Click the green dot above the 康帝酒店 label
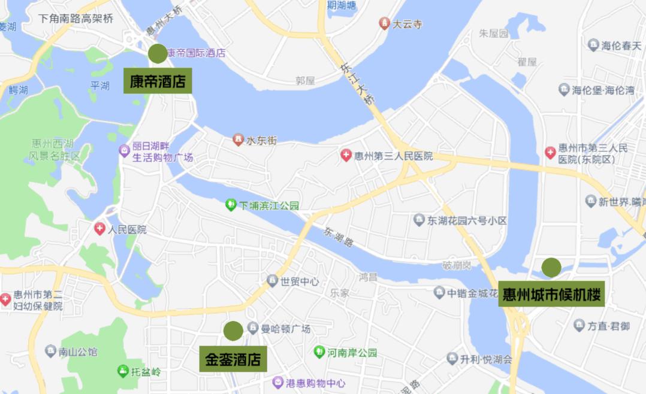click(158, 53)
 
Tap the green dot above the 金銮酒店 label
click(233, 331)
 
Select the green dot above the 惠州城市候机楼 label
click(551, 267)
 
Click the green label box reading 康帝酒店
click(158, 81)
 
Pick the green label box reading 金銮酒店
click(233, 359)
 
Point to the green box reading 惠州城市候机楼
click(552, 295)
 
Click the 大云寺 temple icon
click(385, 23)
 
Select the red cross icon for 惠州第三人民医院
click(346, 156)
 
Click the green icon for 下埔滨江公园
click(231, 205)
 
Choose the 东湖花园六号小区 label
click(467, 220)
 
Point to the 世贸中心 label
click(300, 281)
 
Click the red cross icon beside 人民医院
click(99, 229)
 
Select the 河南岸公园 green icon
click(319, 352)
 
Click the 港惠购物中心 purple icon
click(277, 382)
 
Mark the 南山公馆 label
click(78, 351)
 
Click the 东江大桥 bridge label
click(357, 84)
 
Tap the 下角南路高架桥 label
click(76, 18)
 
